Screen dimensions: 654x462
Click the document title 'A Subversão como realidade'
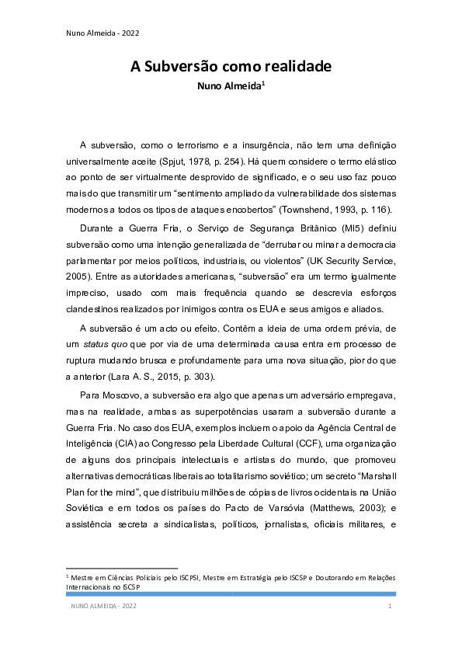231,67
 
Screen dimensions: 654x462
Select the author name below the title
231,88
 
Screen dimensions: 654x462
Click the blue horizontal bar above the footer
231,593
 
